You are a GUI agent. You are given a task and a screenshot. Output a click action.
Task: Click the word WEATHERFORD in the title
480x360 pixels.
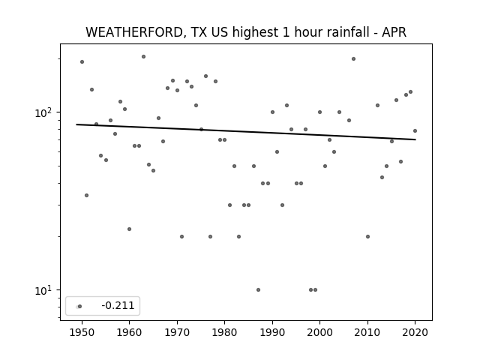[135, 32]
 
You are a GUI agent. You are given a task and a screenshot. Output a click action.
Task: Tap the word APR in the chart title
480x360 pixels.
[394, 32]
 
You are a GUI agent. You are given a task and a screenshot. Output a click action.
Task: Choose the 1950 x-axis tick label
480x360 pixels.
[82, 332]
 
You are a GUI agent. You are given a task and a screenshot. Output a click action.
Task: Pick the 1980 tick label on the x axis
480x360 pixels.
[224, 332]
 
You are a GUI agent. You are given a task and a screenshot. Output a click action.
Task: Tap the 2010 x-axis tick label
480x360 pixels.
[367, 332]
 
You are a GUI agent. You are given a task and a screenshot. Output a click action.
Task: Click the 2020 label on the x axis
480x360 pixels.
[415, 332]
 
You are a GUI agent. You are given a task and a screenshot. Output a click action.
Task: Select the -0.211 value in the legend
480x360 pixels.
[118, 305]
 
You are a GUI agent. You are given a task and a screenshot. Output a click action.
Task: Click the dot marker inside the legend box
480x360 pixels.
[79, 306]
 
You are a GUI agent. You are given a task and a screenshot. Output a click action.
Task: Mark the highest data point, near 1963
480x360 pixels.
[143, 57]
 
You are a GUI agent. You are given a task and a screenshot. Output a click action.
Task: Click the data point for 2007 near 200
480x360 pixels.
[353, 58]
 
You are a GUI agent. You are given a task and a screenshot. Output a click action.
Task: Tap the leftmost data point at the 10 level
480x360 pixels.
[258, 290]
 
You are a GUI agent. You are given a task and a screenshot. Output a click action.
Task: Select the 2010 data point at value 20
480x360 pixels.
[367, 237]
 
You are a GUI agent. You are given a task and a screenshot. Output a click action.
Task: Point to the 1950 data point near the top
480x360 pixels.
[82, 61]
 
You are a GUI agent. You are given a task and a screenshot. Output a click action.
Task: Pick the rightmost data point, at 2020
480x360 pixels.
[415, 131]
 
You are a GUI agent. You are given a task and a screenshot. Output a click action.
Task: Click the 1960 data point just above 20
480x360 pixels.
[129, 229]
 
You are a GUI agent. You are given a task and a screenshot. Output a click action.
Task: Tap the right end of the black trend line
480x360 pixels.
[415, 139]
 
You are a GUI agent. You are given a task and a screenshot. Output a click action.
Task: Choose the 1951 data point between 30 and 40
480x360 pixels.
[87, 195]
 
